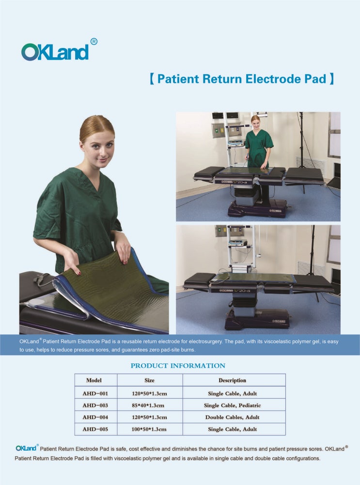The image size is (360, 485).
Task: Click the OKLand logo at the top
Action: coord(55,51)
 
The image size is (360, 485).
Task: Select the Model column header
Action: coord(94,380)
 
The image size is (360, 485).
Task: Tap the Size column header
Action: coord(149,380)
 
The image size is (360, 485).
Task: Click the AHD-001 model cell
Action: coord(95,393)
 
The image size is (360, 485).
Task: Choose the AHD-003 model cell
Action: coord(95,405)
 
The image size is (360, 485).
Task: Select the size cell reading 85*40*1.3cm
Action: coord(149,405)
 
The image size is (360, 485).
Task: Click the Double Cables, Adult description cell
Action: coord(232,417)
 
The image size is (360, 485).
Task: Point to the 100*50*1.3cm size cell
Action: coord(149,429)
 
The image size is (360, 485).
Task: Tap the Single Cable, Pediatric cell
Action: coord(232,405)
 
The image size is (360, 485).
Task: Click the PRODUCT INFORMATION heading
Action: coord(178,366)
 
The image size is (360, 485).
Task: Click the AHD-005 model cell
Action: coord(95,429)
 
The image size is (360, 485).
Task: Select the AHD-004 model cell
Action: coord(95,417)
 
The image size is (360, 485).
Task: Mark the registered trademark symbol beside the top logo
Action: coord(94,42)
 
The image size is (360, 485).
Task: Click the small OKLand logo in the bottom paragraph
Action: coord(26,448)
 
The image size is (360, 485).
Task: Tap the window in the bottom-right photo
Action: coord(334,245)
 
